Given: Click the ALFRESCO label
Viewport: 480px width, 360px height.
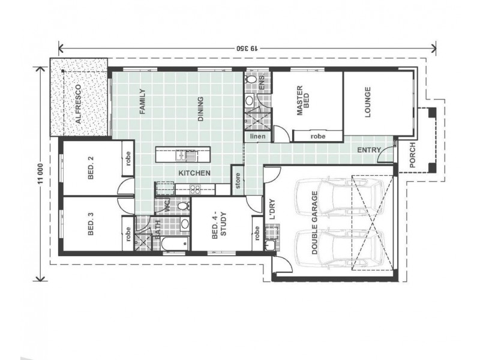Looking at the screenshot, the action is tap(79, 104).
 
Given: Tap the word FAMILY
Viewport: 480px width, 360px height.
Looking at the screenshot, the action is tap(142, 101).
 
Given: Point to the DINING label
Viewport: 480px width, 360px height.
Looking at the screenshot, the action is tap(200, 109).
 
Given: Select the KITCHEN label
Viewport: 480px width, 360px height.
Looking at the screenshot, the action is tap(194, 173).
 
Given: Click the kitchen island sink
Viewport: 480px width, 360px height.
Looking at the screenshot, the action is tap(185, 155).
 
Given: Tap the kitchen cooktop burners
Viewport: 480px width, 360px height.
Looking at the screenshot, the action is tap(196, 190).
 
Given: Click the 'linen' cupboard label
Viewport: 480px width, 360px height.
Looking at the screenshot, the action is tap(258, 136).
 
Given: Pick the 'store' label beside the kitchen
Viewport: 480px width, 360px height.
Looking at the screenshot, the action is tap(238, 181).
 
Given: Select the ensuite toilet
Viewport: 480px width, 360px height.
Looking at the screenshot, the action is tap(251, 80).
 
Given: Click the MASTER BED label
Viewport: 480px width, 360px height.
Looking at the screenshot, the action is tap(303, 100).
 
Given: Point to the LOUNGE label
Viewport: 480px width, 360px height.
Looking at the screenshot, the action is tap(367, 102).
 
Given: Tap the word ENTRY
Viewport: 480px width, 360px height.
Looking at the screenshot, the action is tap(369, 151).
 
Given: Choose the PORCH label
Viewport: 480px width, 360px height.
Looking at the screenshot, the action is tap(412, 155).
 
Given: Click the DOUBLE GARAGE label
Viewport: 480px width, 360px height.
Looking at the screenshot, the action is tap(314, 223).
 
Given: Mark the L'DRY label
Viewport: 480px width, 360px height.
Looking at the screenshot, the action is tap(272, 209).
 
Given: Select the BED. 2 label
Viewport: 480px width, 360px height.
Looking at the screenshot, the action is tap(91, 168).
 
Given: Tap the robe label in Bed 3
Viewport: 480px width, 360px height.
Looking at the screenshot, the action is tap(128, 233).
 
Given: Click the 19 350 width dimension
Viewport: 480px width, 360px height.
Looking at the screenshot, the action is tap(247, 49).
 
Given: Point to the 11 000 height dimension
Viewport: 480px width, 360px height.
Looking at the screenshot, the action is tap(41, 175).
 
